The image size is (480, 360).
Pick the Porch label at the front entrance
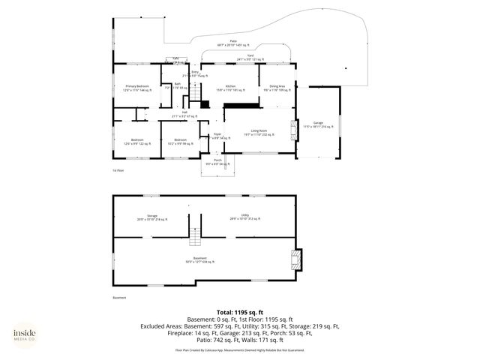(217, 162)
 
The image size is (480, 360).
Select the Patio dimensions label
(244, 43)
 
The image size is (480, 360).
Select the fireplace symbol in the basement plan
(297, 259)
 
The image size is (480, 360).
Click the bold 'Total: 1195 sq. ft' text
(240, 311)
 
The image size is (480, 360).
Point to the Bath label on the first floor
(178, 85)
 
